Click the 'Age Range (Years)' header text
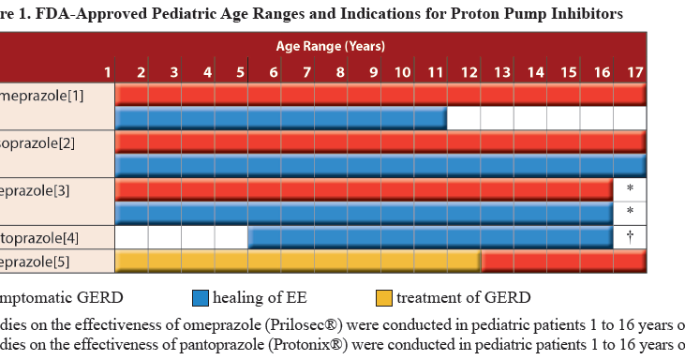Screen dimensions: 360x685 pos(330,45)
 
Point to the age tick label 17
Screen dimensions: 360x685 pos(634,72)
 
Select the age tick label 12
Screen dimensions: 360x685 pos(469,72)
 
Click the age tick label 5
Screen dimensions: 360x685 pos(240,72)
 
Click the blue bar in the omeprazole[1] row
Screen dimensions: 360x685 pos(281,118)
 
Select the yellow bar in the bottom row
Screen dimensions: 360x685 pos(298,262)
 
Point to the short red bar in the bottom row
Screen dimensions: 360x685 pos(563,262)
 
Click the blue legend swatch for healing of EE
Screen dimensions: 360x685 pos(199,298)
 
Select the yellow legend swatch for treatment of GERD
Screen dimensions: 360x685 pos(382,298)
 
